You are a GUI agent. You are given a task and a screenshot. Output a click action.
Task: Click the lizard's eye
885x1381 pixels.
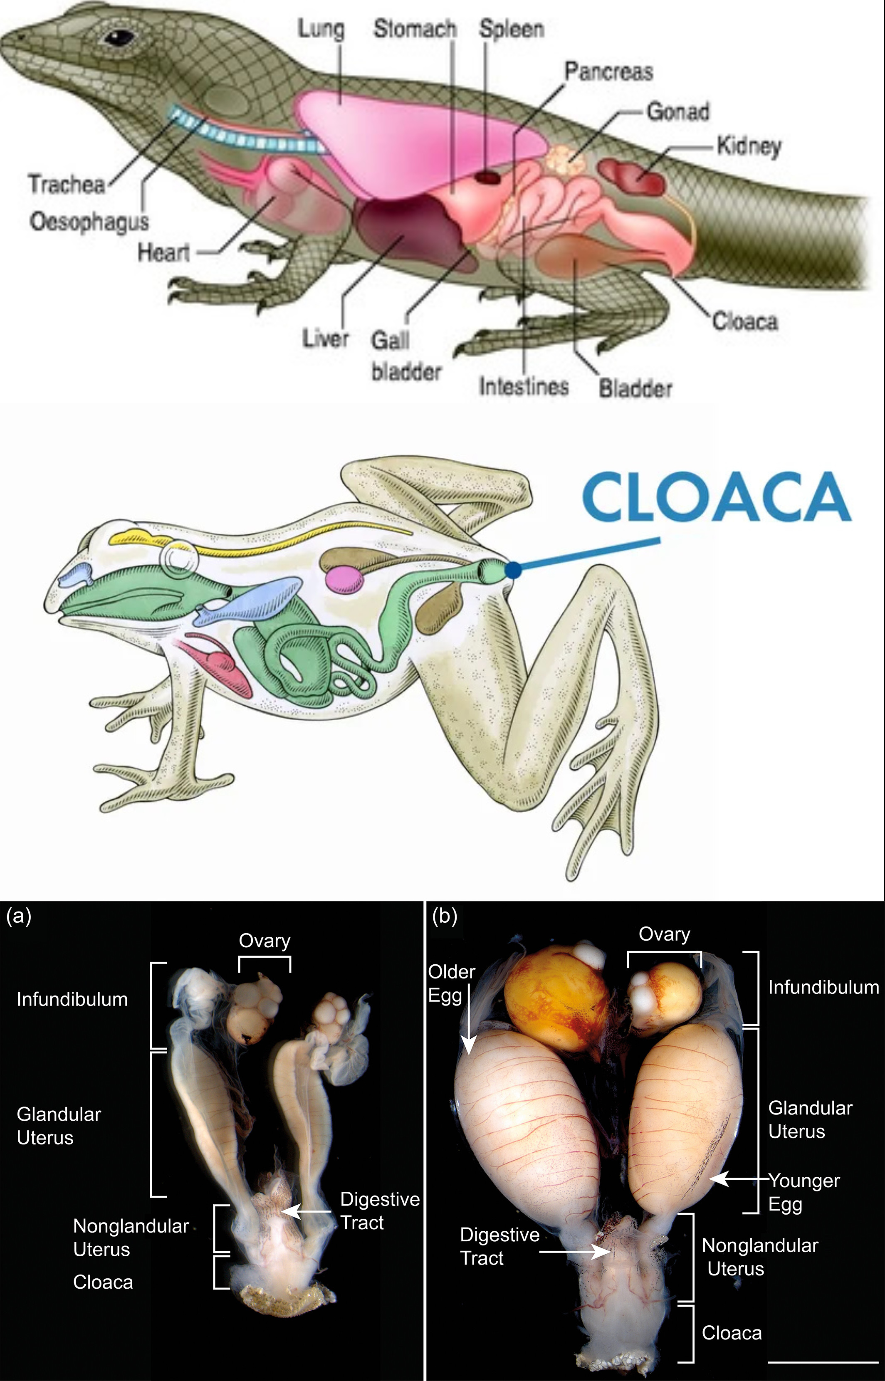pyautogui.click(x=119, y=38)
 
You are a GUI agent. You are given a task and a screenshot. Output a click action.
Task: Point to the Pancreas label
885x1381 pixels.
pyautogui.click(x=608, y=72)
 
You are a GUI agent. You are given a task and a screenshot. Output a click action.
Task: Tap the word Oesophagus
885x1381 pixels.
pyautogui.click(x=89, y=221)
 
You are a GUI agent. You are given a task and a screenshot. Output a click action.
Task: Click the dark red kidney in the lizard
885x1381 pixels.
pyautogui.click(x=632, y=175)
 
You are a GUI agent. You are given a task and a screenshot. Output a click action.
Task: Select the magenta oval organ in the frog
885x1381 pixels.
pyautogui.click(x=345, y=578)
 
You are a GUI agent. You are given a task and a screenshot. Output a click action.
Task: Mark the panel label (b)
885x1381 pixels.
pyautogui.click(x=444, y=916)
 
